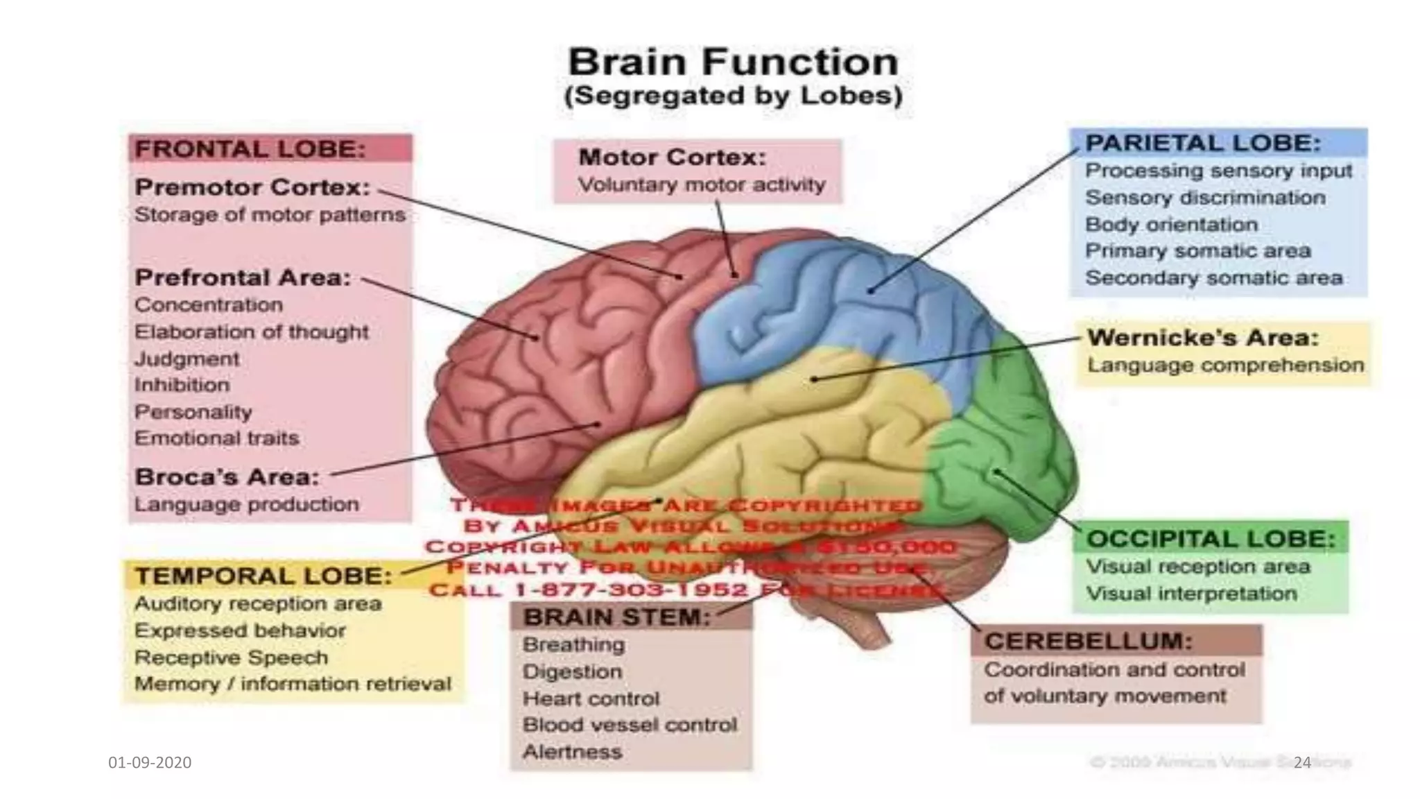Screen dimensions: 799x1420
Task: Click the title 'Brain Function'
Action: [x=733, y=62]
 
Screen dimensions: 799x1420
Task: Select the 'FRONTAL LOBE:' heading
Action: [x=250, y=149]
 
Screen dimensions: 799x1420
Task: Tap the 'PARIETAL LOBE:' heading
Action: [x=1202, y=143]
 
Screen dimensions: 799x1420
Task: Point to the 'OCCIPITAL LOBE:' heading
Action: [x=1210, y=539]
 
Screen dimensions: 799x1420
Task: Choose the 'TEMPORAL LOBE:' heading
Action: [x=263, y=576]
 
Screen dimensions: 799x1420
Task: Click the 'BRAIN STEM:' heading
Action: [x=617, y=617]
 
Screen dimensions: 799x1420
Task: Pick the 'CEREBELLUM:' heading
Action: [x=1087, y=641]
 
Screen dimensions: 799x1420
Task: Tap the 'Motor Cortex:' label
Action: [x=672, y=157]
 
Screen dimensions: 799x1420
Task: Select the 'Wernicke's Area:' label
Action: [x=1202, y=338]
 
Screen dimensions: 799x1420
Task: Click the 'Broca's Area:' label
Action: [x=227, y=477]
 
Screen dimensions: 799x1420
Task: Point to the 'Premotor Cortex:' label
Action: [x=252, y=187]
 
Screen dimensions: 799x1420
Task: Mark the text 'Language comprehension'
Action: [x=1225, y=365]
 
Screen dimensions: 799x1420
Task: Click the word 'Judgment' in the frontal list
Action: [x=187, y=359]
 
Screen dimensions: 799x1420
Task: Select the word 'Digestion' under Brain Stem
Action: [x=572, y=671]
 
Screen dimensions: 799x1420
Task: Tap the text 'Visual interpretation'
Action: [x=1190, y=594]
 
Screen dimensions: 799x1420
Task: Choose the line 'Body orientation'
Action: [x=1170, y=225]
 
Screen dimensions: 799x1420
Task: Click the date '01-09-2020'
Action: [x=150, y=762]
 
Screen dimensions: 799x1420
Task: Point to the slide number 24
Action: [x=1302, y=762]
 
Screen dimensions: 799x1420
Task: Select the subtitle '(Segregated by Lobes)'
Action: [x=733, y=96]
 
